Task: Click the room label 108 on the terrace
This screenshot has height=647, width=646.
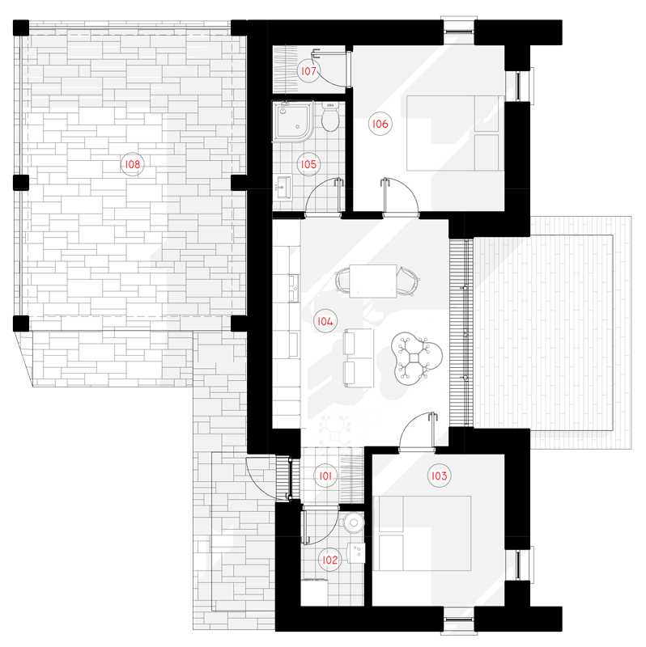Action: (132, 164)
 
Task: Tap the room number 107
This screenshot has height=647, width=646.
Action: (308, 71)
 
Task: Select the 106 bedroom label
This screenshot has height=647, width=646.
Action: (380, 124)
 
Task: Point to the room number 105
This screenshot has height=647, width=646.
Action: (308, 164)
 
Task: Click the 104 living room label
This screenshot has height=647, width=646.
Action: (325, 321)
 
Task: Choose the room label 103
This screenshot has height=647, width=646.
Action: (439, 476)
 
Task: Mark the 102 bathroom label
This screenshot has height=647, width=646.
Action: (329, 560)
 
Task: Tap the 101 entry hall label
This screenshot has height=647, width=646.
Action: (325, 476)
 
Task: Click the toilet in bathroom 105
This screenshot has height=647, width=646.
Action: (330, 117)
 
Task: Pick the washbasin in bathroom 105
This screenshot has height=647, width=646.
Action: (283, 188)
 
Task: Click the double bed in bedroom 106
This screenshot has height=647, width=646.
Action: (455, 133)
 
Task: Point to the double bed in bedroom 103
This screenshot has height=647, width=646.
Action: (422, 533)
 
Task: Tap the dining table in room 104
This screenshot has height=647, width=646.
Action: (373, 281)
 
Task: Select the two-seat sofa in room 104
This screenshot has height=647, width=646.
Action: (358, 357)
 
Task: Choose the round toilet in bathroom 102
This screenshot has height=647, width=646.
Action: (354, 522)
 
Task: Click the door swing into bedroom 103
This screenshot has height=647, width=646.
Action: (415, 431)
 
